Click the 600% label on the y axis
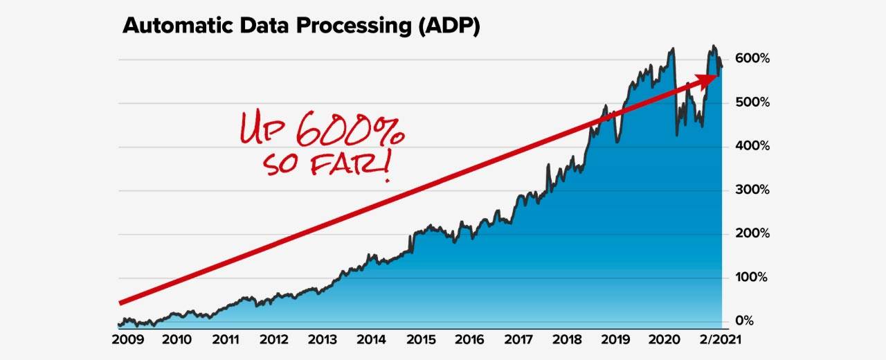(751, 59)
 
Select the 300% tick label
(751, 190)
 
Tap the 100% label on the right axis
(751, 278)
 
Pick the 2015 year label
(420, 340)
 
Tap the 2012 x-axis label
(275, 340)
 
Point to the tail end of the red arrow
(123, 302)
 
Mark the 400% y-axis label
(751, 147)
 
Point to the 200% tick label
(751, 234)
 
